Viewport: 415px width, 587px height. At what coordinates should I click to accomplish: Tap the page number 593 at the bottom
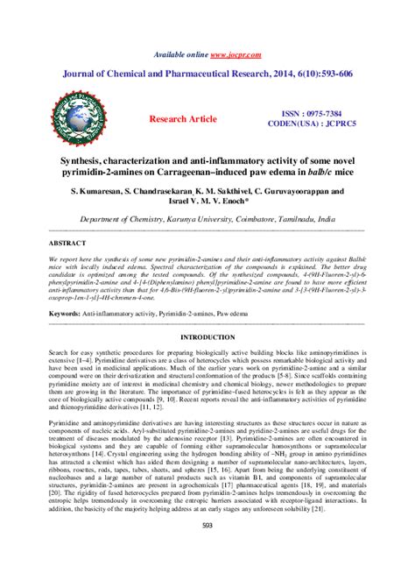click(x=207, y=548)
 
